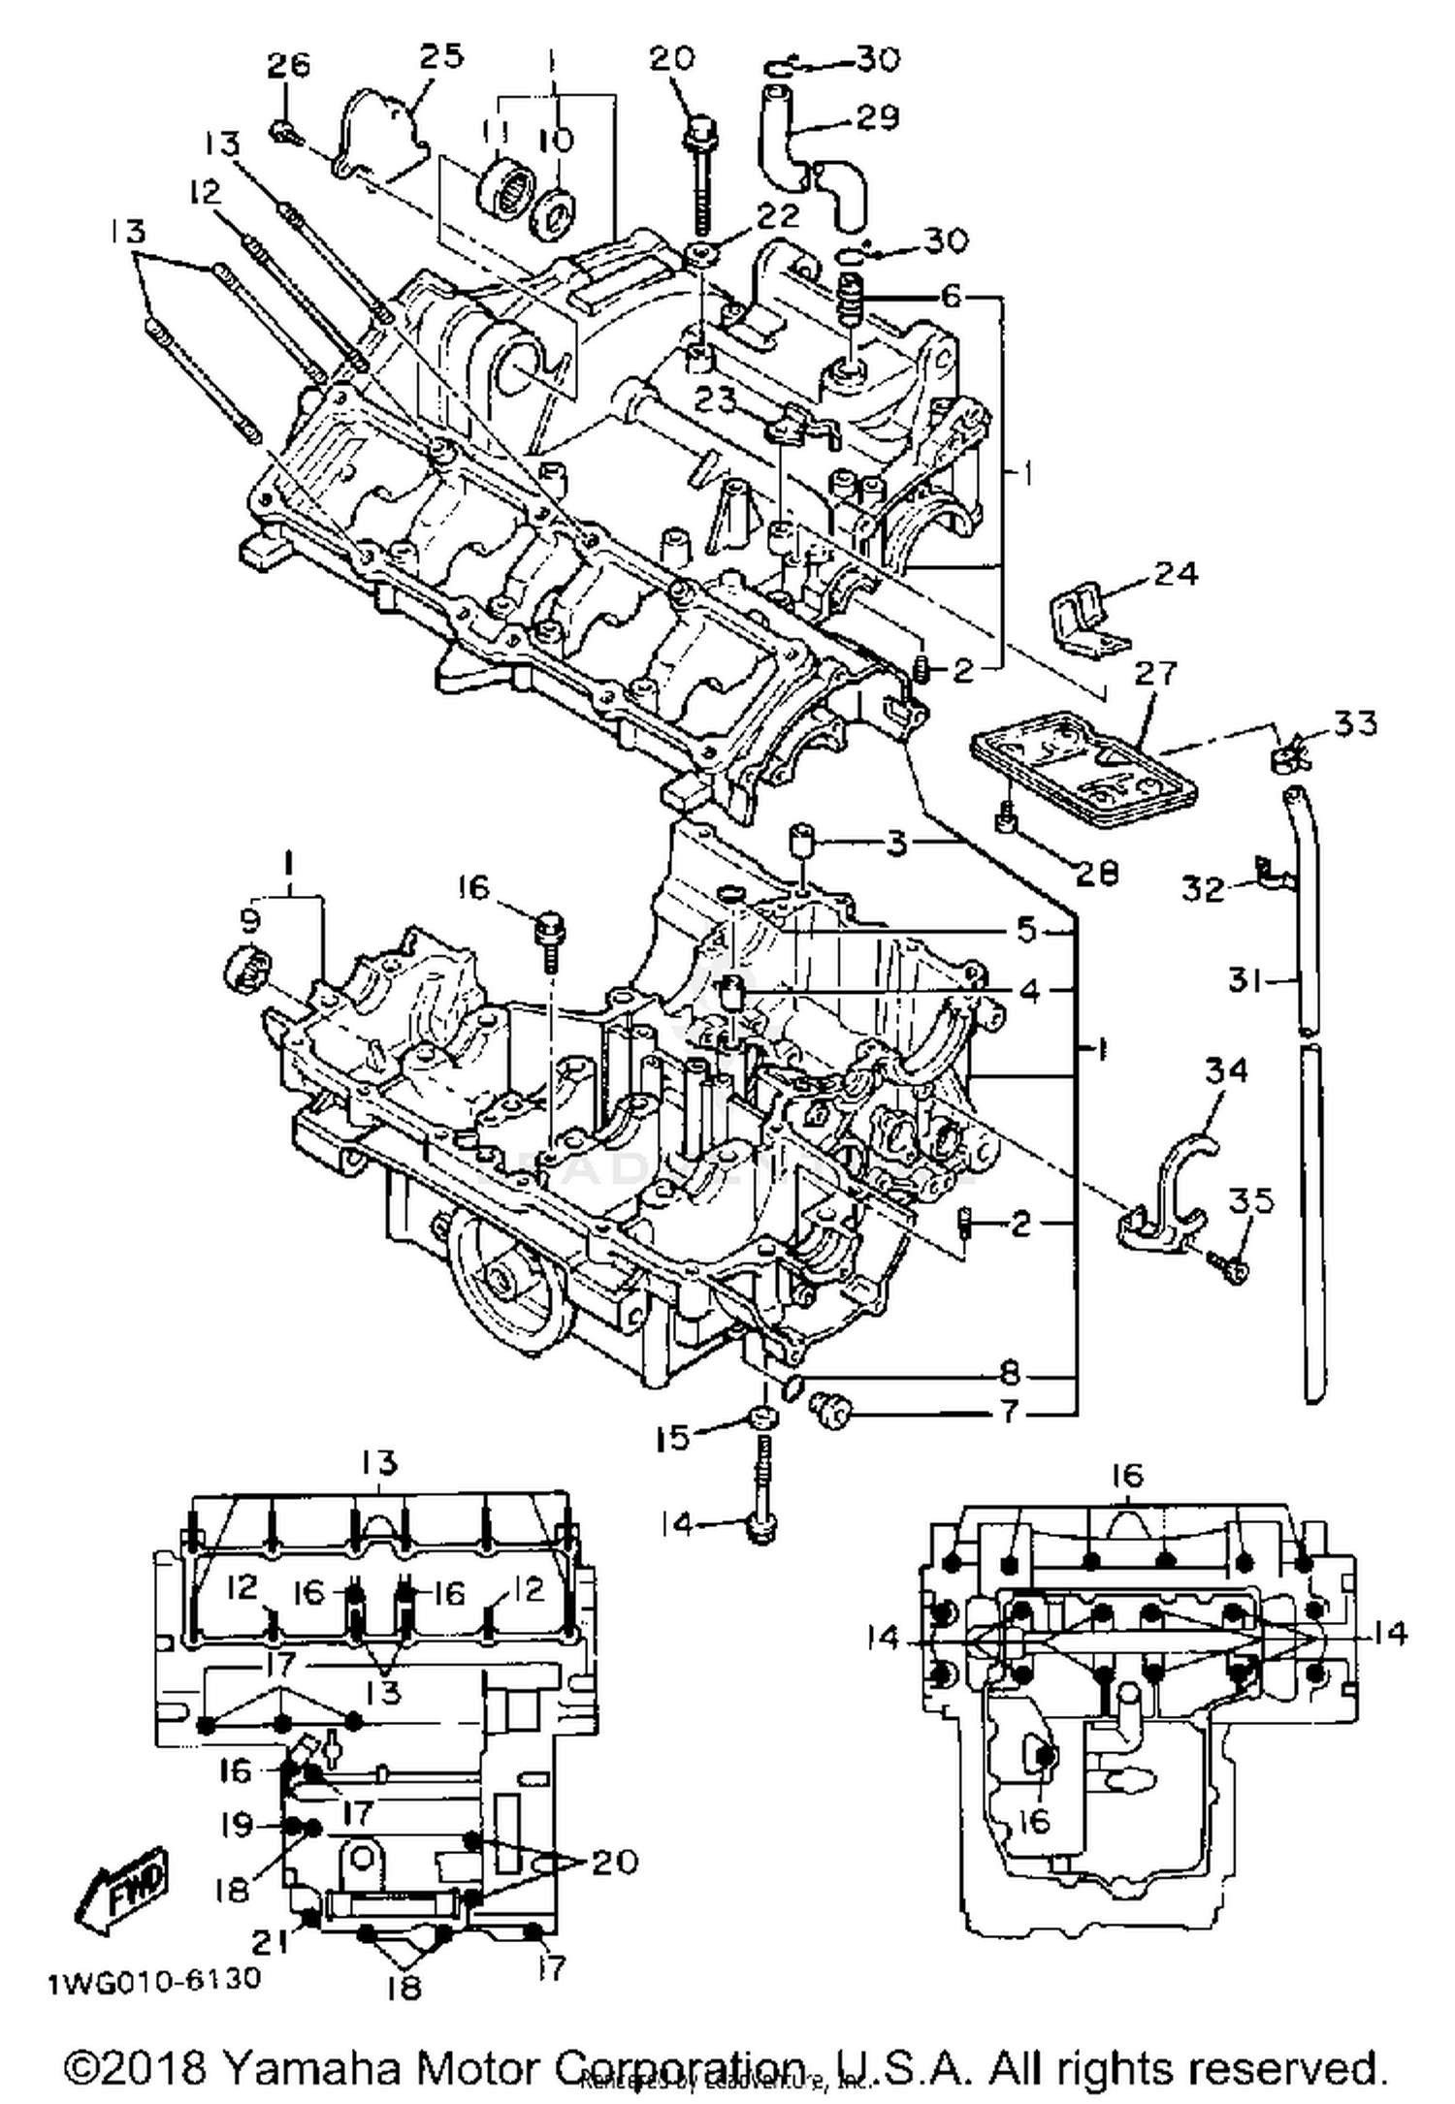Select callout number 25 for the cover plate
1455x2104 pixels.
(x=439, y=56)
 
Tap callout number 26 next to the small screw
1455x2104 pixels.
(x=288, y=66)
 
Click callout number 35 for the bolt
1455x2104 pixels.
(x=1250, y=1201)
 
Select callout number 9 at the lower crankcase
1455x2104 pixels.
(x=249, y=917)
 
